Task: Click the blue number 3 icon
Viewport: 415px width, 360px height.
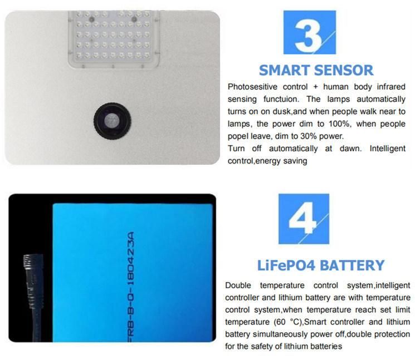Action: (x=309, y=32)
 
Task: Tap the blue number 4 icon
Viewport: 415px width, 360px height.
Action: (x=304, y=219)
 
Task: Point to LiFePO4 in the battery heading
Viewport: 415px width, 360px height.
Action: (x=286, y=265)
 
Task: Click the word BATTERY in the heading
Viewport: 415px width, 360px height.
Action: (x=352, y=265)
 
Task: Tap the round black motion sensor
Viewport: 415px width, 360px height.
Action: (x=112, y=121)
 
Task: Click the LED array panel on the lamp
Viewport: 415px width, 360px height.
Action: (x=114, y=38)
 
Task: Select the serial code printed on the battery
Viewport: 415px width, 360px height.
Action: (x=131, y=287)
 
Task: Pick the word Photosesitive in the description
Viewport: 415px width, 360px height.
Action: (x=252, y=87)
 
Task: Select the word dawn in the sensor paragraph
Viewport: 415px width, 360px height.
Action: (x=350, y=149)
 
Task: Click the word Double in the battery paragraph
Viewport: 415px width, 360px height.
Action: (x=238, y=285)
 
